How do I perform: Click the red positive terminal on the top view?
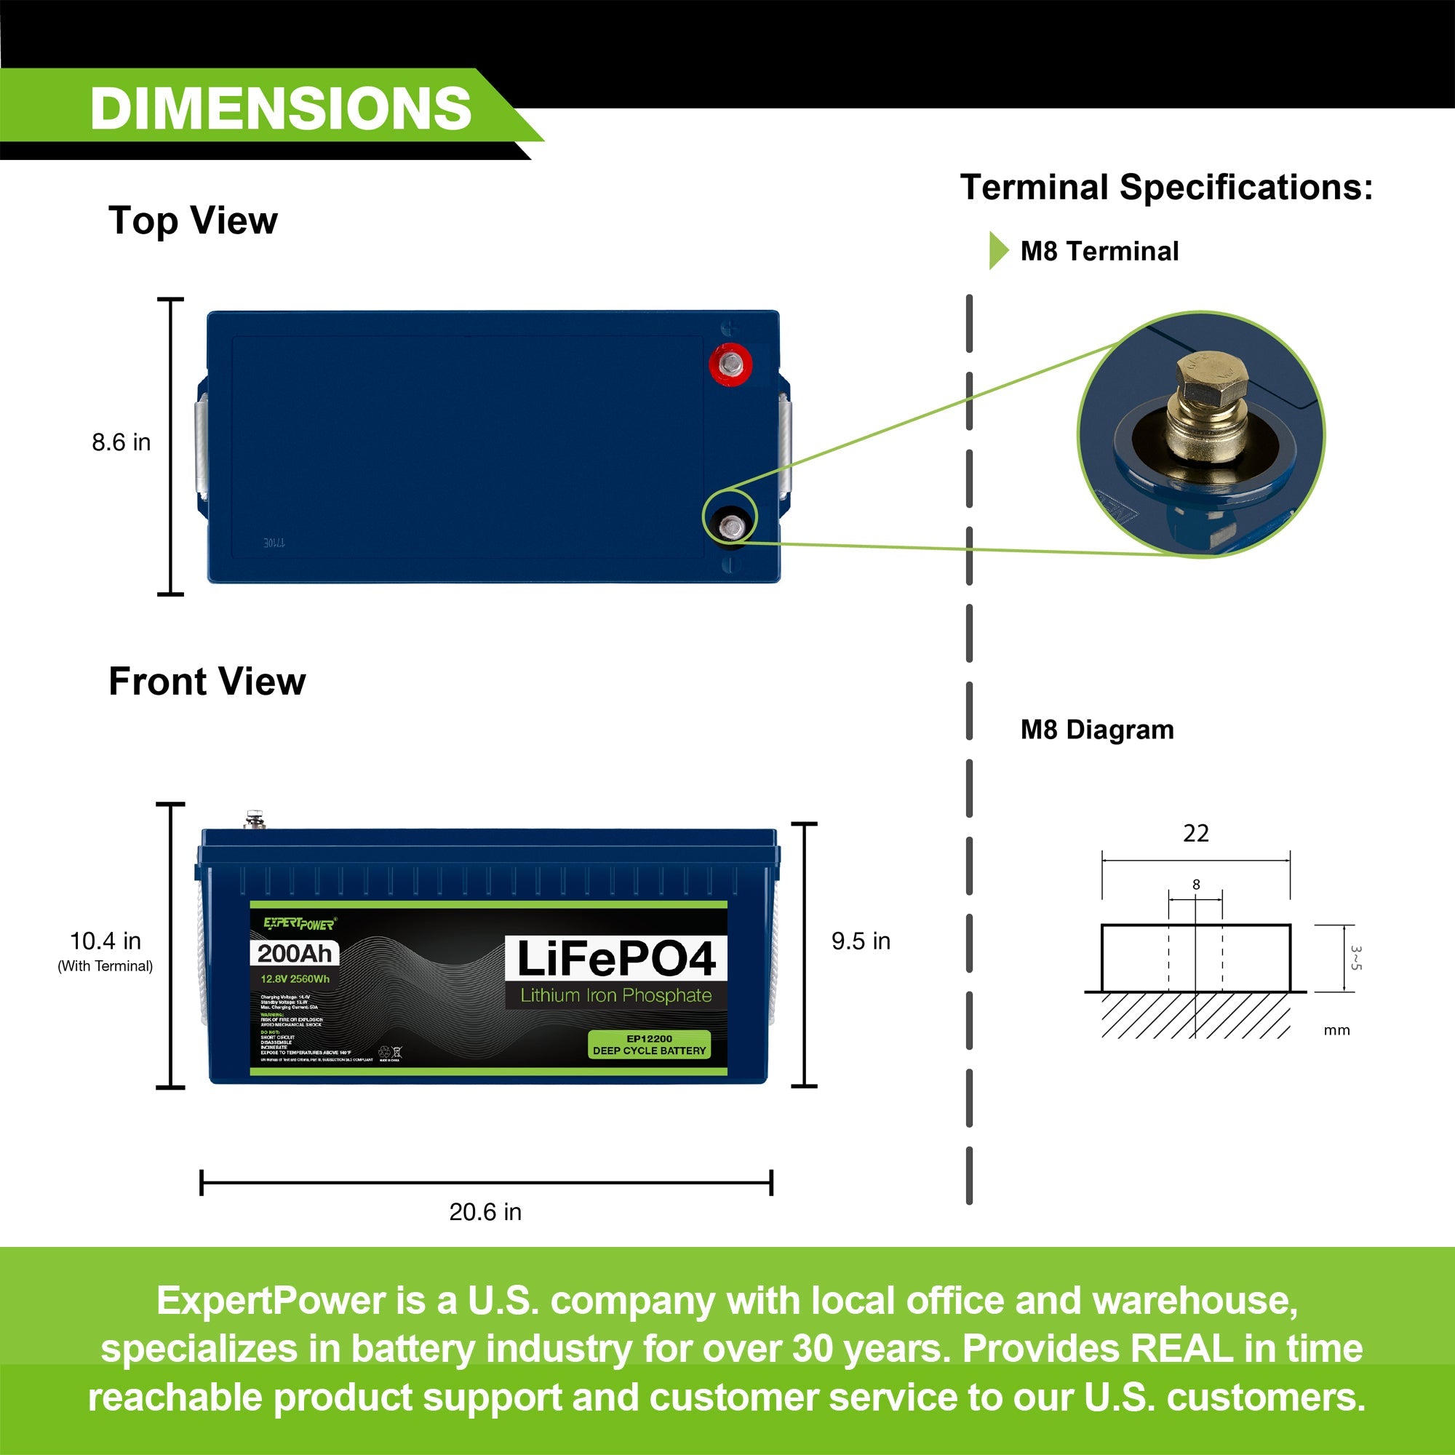coord(730,364)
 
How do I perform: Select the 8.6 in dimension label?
coord(121,442)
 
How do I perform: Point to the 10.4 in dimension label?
coord(105,941)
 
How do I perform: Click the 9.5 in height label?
coord(861,941)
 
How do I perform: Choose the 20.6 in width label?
coord(485,1212)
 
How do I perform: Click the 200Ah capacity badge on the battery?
coord(295,954)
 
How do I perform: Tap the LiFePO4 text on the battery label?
coord(616,959)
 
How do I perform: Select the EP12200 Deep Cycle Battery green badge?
coord(649,1045)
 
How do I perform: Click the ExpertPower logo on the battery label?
coord(300,923)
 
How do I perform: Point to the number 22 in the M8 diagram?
coord(1196,833)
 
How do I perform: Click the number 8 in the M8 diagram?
coord(1196,884)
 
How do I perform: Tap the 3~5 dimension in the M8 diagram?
coord(1355,958)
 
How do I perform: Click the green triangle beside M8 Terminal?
coord(998,251)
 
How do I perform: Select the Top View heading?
coord(193,220)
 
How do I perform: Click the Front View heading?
coord(207,682)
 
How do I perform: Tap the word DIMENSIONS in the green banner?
coord(280,108)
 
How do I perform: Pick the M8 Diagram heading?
coord(1096,730)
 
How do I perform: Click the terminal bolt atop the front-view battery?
coord(255,818)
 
